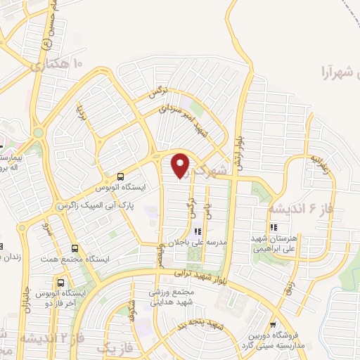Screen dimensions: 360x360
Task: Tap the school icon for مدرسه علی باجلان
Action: coord(198,231)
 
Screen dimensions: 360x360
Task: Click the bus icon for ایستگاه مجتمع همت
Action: coord(75,249)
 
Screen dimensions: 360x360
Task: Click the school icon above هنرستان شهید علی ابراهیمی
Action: coord(274,227)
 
